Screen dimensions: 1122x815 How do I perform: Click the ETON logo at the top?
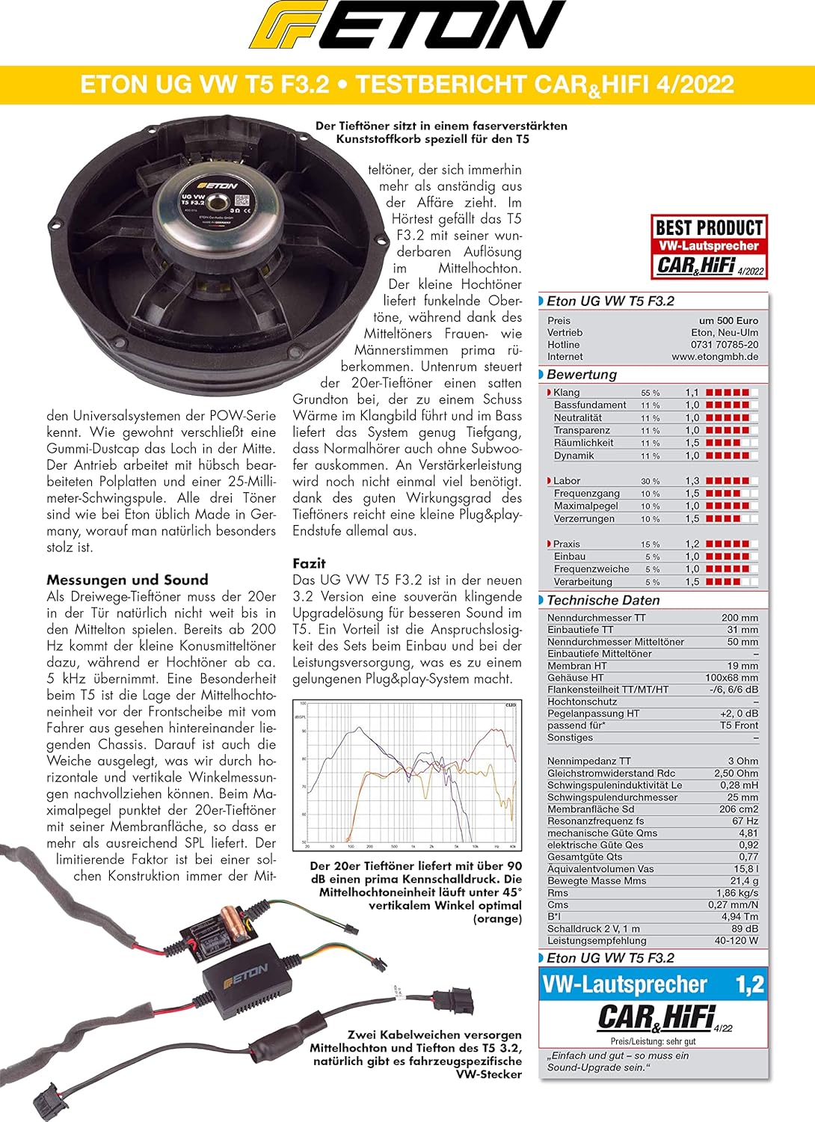click(x=407, y=27)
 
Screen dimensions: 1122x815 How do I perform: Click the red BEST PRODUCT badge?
click(x=710, y=247)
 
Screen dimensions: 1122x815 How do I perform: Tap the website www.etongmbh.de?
click(x=715, y=357)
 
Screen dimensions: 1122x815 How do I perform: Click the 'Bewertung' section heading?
click(x=582, y=375)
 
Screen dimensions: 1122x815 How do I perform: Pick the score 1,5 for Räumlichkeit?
click(x=692, y=443)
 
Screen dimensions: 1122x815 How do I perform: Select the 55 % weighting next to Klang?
click(x=651, y=393)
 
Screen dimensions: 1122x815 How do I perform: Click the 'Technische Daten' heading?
click(x=603, y=601)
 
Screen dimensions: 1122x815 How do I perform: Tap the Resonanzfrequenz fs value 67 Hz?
click(x=745, y=821)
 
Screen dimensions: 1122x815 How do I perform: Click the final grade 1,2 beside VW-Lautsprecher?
click(x=749, y=984)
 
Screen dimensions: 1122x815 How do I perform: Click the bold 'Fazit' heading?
click(x=309, y=563)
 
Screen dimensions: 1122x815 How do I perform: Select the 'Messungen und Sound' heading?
click(x=127, y=580)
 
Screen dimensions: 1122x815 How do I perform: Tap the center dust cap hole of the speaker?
click(x=220, y=201)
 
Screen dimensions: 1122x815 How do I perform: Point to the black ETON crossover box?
click(x=238, y=977)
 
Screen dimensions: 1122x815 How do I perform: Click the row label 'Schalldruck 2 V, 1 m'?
click(x=594, y=929)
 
